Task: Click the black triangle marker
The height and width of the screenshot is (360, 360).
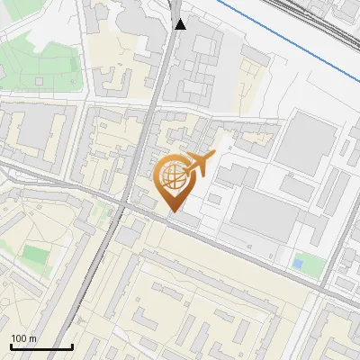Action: coord(181,23)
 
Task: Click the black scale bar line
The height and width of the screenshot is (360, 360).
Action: coord(41,346)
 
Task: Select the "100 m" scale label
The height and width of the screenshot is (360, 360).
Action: coord(23,338)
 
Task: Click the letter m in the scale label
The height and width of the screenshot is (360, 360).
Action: coord(33,338)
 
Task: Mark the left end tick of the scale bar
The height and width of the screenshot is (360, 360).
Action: coord(11,345)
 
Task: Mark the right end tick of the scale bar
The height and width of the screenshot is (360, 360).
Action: coord(72,345)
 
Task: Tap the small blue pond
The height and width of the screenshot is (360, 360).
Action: coord(297,263)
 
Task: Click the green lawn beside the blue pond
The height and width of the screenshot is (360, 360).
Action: coord(311,265)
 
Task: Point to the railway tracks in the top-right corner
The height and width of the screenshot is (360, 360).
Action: coord(337,27)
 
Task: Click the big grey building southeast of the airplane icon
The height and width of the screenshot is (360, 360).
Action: coord(261,216)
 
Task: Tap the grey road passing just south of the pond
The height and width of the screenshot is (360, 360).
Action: coord(297,281)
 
